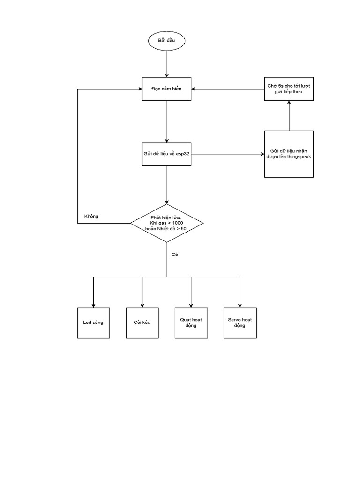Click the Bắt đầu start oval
click(166, 41)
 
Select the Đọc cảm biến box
click(166, 89)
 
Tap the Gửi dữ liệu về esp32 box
click(166, 154)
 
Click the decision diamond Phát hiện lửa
click(166, 223)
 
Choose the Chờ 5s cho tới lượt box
click(289, 89)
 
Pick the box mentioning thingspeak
click(289, 154)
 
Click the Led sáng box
click(94, 323)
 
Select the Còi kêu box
click(142, 323)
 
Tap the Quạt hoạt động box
click(191, 323)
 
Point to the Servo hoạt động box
click(240, 323)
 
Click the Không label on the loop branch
click(91, 216)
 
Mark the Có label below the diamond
click(175, 255)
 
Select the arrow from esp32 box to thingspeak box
click(227, 154)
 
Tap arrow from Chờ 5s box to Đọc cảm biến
click(227, 89)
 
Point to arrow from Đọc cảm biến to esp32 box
click(166, 121)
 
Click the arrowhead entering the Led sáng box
click(94, 305)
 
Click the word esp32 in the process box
click(183, 154)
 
